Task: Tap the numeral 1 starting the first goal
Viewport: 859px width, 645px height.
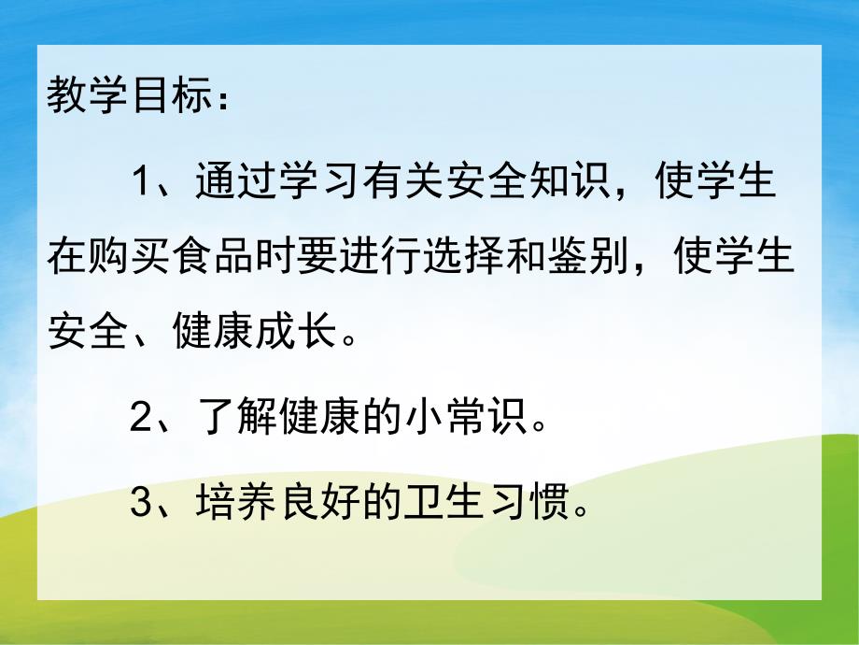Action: point(142,179)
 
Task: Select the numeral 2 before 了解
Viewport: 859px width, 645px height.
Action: point(142,420)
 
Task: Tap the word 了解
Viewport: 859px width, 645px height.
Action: point(234,420)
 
